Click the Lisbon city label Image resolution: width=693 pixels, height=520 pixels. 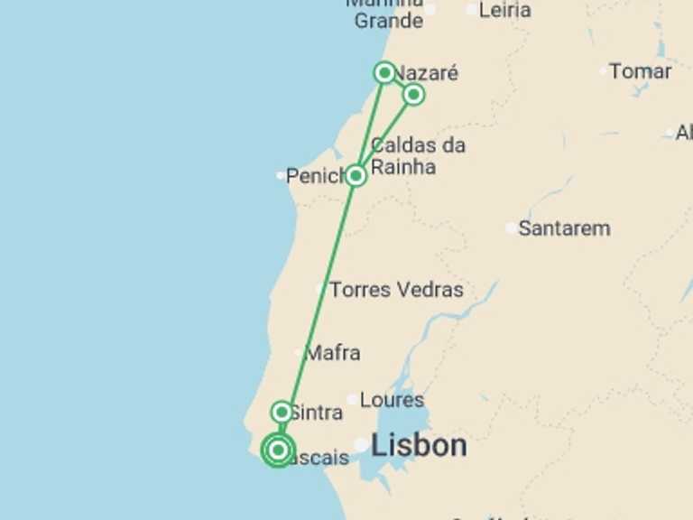tap(419, 445)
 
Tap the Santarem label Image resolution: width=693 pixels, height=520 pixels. tap(564, 228)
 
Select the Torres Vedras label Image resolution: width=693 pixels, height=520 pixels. tap(396, 290)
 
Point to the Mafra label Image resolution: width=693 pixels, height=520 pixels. tap(333, 353)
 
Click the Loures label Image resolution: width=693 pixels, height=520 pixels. tap(392, 399)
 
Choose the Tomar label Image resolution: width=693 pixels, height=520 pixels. tap(640, 70)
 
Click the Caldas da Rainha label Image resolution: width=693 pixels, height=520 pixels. tap(416, 155)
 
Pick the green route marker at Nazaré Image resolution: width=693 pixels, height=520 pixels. tap(384, 72)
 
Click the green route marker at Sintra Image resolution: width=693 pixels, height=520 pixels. tap(282, 413)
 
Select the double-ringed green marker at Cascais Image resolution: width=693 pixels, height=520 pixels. tap(278, 450)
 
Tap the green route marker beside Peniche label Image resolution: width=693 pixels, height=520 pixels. tap(356, 175)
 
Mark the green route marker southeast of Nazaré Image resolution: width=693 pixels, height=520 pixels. tap(413, 94)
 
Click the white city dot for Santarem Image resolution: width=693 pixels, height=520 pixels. tap(511, 228)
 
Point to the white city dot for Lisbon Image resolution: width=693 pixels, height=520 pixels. tap(361, 445)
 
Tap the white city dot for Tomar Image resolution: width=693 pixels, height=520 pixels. tap(604, 70)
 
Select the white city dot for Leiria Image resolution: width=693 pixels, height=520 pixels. tap(471, 10)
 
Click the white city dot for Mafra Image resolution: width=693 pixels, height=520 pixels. tap(299, 353)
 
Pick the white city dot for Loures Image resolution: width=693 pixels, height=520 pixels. tap(352, 399)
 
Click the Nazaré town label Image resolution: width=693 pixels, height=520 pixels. tap(428, 73)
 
